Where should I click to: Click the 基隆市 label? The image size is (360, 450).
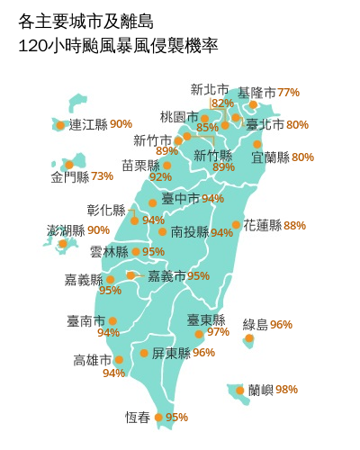point(257,93)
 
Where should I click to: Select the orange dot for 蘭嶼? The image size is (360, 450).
point(240,391)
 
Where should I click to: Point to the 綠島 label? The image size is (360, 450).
point(256,324)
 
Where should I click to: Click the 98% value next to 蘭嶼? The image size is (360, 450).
point(287,390)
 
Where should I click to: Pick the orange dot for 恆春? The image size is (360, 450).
point(158,418)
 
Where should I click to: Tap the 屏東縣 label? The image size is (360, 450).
point(170,353)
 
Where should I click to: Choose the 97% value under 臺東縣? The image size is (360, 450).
point(219,332)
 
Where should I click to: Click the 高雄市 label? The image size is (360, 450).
point(93,360)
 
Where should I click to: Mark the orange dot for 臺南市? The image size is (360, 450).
point(112,320)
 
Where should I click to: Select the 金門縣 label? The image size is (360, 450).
point(69,176)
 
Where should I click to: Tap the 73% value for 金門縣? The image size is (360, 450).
point(103,176)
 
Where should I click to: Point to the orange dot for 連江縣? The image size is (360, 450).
point(60,125)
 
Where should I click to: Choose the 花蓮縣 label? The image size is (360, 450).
point(262,225)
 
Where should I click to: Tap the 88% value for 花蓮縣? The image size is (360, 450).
point(295,225)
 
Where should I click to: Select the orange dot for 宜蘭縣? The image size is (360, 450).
point(257,144)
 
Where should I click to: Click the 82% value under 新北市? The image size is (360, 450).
point(222,103)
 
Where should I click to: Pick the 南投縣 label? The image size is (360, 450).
point(189,232)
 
